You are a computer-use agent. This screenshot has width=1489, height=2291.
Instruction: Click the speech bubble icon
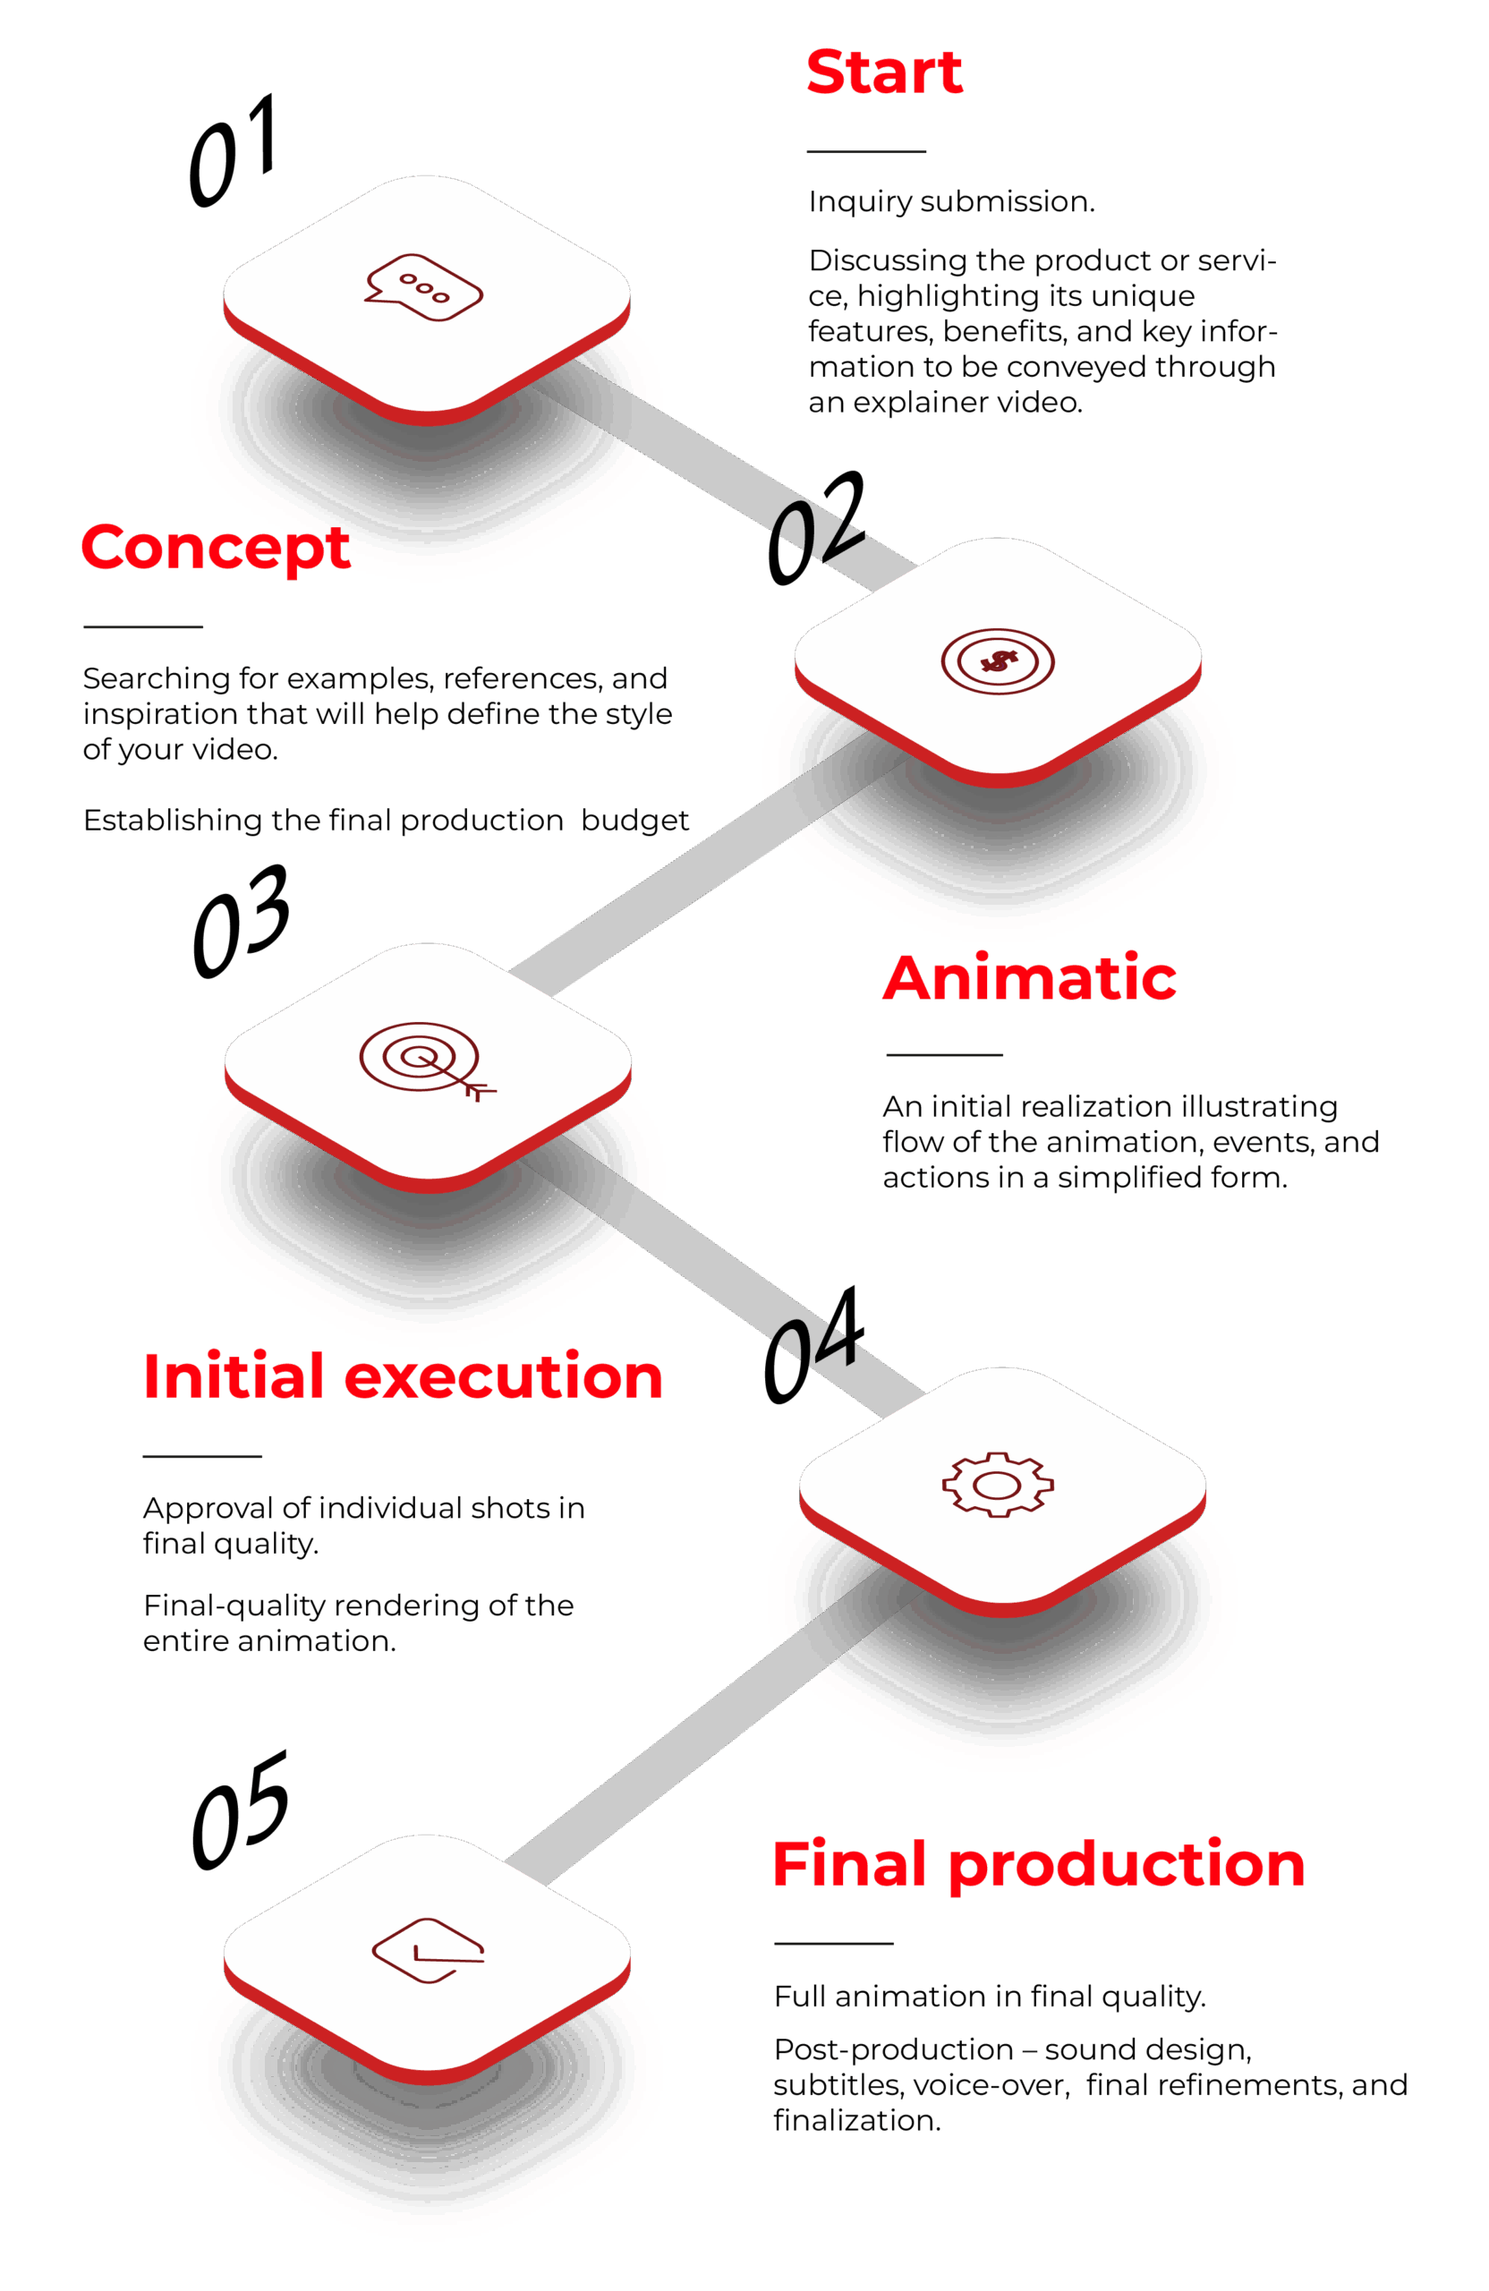point(423,287)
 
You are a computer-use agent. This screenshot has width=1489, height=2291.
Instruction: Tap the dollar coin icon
point(997,661)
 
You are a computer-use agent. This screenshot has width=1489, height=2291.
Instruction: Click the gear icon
point(997,1485)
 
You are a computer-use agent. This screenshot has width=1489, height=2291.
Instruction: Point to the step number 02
point(815,529)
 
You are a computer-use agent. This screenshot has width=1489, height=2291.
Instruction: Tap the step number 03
point(241,921)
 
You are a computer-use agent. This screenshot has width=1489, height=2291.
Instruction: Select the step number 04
point(813,1345)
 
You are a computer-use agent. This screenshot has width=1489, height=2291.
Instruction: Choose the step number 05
point(240,1810)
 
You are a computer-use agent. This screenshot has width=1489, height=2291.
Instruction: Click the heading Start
point(883,73)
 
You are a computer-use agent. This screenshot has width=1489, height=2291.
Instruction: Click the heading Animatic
point(1029,978)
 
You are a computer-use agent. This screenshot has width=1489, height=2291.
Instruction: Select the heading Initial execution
point(403,1375)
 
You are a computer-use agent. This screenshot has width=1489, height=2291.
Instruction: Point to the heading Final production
point(1039,1863)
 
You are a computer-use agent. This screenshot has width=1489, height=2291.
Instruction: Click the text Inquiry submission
point(951,202)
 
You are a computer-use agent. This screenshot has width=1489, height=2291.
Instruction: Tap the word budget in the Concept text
point(635,820)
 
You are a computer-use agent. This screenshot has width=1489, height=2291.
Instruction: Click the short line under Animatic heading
point(944,1055)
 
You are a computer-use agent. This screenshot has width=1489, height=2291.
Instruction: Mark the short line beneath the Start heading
point(865,152)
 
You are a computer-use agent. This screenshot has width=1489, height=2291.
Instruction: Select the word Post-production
point(893,2049)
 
